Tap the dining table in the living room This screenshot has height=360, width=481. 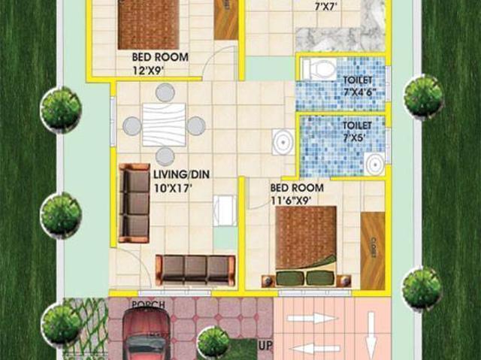(x=164, y=125)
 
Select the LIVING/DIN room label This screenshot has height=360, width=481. (x=181, y=174)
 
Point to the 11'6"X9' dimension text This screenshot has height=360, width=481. (x=291, y=201)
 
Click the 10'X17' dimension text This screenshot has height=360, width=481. (x=173, y=188)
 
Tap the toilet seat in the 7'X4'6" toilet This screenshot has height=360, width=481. (x=319, y=70)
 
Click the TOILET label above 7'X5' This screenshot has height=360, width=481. (x=358, y=126)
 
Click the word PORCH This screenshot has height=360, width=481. (x=147, y=305)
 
